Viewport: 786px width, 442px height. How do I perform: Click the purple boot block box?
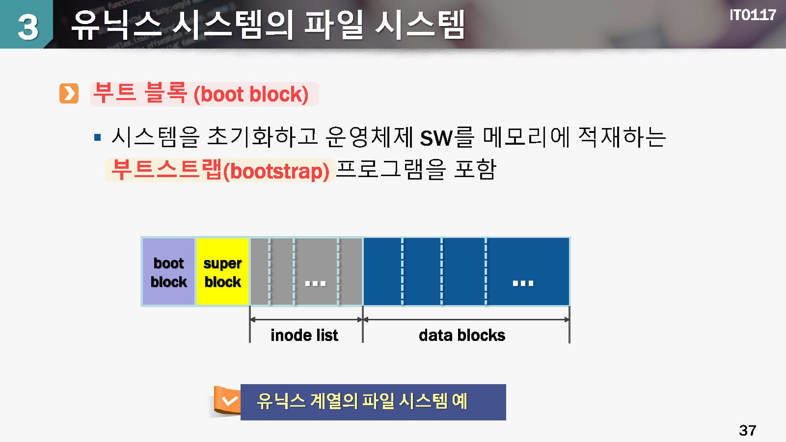[x=168, y=272]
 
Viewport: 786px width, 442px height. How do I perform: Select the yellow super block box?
[x=222, y=272]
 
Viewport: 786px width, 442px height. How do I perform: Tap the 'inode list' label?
[x=304, y=335]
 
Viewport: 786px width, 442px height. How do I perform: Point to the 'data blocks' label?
[x=462, y=335]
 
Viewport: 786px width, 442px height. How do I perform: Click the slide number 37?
[x=747, y=430]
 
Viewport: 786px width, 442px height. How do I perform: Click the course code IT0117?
[x=753, y=15]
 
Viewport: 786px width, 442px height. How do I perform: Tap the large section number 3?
[x=27, y=26]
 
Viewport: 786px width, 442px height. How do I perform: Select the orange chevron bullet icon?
[x=69, y=93]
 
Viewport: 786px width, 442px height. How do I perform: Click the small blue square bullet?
[x=97, y=137]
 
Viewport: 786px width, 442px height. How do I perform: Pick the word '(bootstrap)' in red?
[x=276, y=171]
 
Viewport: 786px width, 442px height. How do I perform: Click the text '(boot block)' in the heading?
[x=251, y=94]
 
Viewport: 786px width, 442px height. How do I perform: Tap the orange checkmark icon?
[x=229, y=401]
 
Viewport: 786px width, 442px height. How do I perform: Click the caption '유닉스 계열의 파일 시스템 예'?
[x=362, y=401]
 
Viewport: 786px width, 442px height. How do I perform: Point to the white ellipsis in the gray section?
[x=315, y=283]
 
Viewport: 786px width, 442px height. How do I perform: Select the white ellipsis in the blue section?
[x=523, y=283]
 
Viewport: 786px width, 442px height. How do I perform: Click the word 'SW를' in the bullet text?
[x=447, y=137]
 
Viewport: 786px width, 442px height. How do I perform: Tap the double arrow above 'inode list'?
[x=306, y=319]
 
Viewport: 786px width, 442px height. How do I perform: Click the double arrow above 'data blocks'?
[x=466, y=319]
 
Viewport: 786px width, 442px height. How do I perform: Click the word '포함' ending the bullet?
[x=475, y=169]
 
